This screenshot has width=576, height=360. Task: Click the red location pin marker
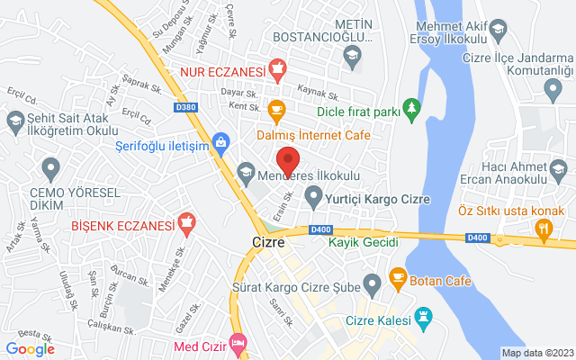(287, 160)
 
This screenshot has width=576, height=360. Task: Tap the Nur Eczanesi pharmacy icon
(278, 69)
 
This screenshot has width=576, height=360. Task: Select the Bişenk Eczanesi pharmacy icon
(187, 220)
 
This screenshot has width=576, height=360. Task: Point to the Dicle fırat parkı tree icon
(412, 108)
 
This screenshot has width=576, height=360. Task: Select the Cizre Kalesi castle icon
(422, 315)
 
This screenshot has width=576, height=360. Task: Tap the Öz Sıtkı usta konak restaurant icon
(543, 229)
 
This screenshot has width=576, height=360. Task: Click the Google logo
(30, 348)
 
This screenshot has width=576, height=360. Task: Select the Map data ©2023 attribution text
(536, 353)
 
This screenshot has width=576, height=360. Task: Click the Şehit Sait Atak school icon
(15, 120)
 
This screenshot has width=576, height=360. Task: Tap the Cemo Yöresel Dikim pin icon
(51, 166)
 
